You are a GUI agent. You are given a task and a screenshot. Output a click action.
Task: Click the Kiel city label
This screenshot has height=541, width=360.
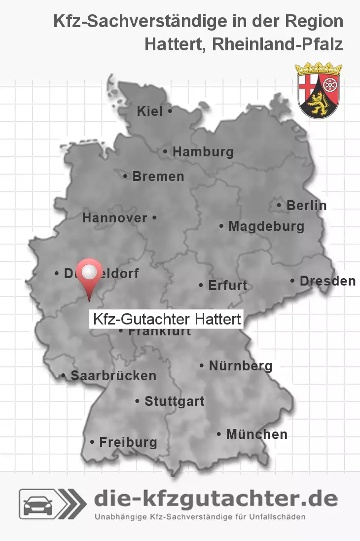point(149,111)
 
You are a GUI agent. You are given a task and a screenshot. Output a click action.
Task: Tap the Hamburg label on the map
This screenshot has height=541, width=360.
point(203,152)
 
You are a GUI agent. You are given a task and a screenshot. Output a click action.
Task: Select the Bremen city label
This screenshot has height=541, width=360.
point(158,176)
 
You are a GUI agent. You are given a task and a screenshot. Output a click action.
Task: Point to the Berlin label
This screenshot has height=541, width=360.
point(306,205)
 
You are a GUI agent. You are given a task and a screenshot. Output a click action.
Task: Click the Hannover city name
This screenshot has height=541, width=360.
point(115,217)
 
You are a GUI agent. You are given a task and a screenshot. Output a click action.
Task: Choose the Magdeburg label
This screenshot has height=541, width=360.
point(266,226)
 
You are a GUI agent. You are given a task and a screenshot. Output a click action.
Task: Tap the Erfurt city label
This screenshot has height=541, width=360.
point(227,285)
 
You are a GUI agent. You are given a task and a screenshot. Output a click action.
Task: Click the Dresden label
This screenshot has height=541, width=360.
point(327,281)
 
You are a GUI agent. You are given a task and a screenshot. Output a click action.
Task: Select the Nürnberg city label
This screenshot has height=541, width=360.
point(241,366)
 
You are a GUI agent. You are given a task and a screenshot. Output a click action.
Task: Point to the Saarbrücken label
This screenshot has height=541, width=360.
point(113,376)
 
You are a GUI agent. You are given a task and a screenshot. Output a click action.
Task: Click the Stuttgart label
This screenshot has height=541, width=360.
point(174,401)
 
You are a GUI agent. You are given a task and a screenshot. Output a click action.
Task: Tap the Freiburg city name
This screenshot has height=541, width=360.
point(128,442)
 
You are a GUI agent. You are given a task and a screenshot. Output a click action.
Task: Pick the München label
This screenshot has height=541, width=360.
point(256,434)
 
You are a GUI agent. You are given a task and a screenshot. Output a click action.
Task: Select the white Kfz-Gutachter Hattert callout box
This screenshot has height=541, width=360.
point(166,319)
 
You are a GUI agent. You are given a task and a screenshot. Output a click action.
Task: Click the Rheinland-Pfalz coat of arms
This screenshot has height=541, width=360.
point(320,90)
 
